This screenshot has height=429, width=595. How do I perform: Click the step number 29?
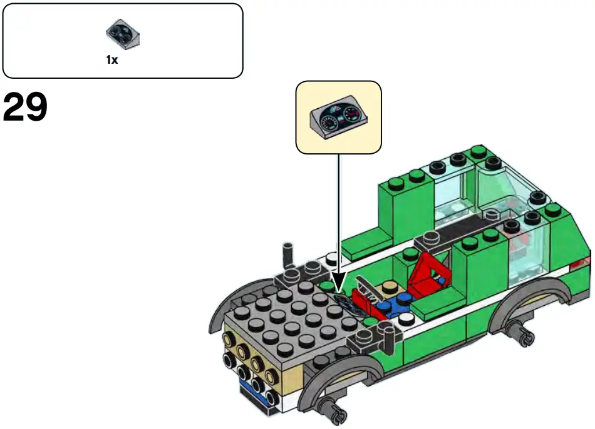[x=25, y=108]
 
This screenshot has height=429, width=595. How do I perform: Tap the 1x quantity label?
[x=112, y=61]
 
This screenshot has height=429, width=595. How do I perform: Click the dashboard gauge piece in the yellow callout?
[x=339, y=117]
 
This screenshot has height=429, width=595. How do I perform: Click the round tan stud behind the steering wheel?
[x=390, y=287]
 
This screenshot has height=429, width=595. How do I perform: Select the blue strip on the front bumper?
[x=254, y=393]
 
